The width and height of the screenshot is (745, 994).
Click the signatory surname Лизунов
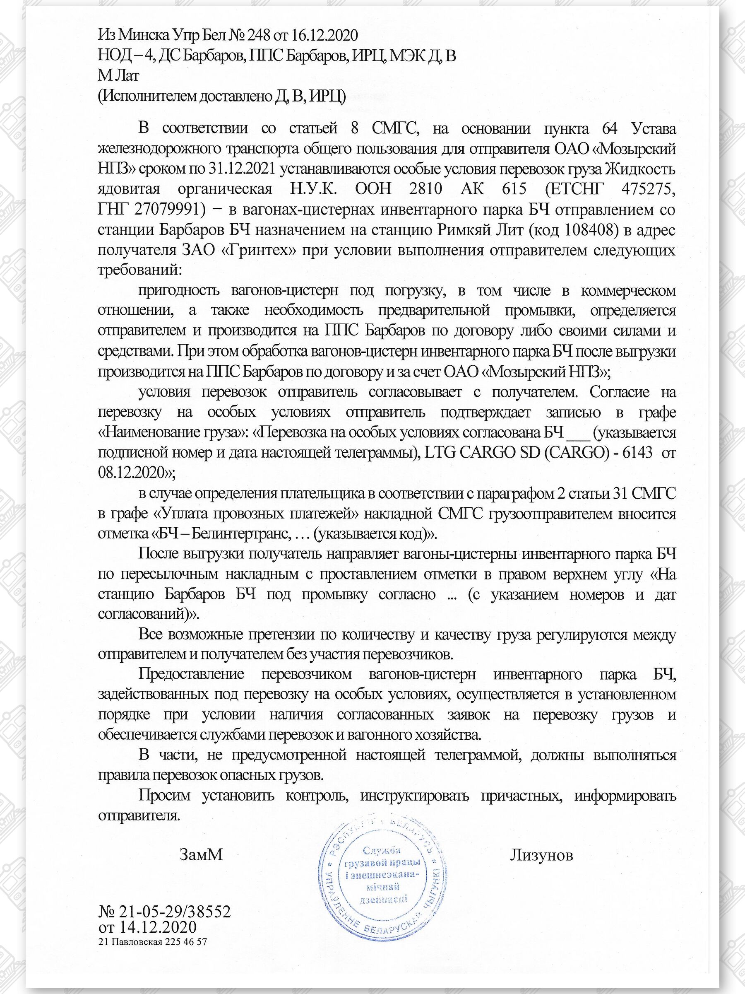tap(541, 855)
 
